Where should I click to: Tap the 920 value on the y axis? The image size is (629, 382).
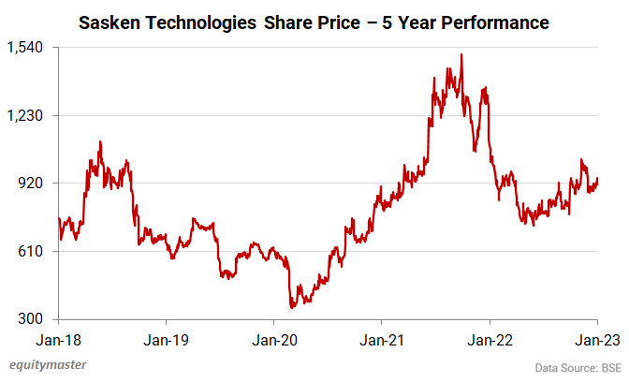point(36,184)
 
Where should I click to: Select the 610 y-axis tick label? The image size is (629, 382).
point(36,251)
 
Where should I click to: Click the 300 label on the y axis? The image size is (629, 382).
point(36,319)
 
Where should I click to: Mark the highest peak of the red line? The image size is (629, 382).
point(461,55)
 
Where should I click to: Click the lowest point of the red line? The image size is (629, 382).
point(292,307)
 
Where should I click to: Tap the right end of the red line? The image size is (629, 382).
point(597,180)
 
